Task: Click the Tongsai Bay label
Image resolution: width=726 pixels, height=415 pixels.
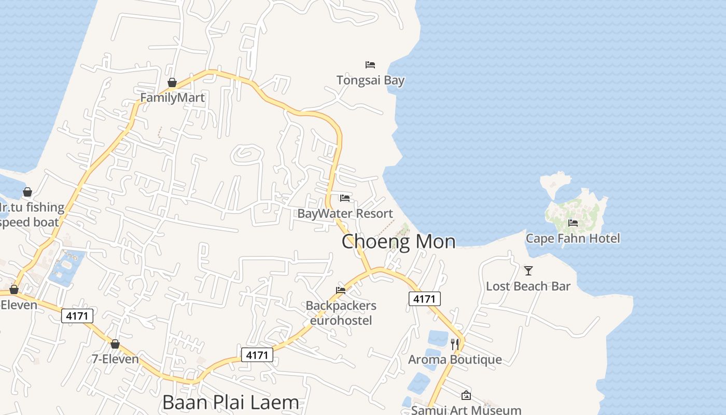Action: coord(370,80)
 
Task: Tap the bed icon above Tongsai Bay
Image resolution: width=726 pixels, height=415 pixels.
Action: coord(370,65)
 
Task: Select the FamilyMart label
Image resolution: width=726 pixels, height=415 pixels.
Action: coord(172,98)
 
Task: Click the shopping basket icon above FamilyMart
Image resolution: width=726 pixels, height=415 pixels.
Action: coord(172,82)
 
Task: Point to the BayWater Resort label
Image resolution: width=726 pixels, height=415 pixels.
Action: coord(345,213)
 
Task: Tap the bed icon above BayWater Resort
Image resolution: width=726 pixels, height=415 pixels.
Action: coord(345,198)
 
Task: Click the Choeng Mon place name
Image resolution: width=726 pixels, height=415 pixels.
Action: coord(398,241)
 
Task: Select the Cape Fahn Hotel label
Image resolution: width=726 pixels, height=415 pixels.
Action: coord(573,239)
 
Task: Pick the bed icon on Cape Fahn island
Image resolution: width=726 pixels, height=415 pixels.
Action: coord(573,223)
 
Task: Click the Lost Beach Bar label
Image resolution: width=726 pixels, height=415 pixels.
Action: coord(528,286)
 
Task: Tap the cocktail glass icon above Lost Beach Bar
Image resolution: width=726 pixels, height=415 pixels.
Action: coord(528,271)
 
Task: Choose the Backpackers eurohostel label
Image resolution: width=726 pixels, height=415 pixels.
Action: coord(341,313)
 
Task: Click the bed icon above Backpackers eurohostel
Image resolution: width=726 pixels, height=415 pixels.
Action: coord(341,290)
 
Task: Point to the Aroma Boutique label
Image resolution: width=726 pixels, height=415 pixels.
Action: coord(455,359)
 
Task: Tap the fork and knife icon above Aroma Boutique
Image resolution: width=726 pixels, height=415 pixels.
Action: coord(455,344)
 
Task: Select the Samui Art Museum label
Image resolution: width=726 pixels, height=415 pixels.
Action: coord(466,410)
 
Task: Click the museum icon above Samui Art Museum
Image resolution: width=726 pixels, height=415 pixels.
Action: coord(466,395)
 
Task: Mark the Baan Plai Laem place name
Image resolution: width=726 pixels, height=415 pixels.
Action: coord(231,403)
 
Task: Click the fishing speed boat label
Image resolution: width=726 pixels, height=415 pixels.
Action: coord(31,215)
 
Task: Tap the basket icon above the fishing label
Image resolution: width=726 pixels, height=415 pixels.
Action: coord(27,192)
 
